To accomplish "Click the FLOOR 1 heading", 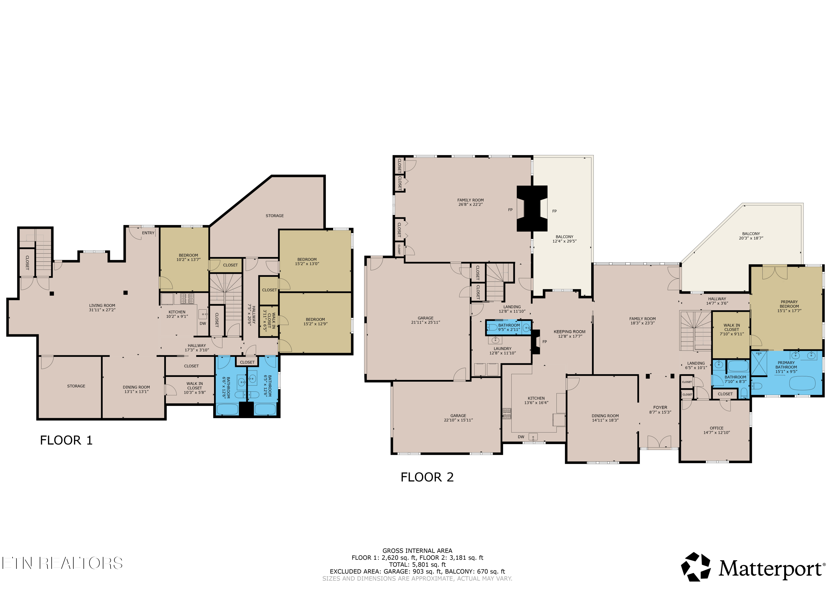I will (x=66, y=440).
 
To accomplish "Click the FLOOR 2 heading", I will (x=427, y=477).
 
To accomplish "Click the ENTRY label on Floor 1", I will (x=148, y=233).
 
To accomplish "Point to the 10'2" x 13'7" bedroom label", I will (x=188, y=257).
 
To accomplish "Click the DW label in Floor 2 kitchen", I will (x=521, y=437).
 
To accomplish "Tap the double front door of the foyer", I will (x=659, y=442).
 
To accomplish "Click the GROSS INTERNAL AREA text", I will (x=417, y=551).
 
